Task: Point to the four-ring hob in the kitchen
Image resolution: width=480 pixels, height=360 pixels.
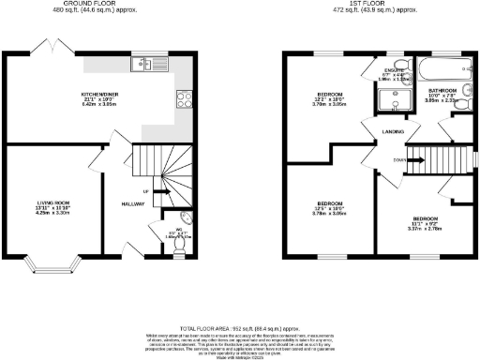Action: tap(180, 97)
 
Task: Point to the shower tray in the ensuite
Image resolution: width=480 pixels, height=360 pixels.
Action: tap(391, 100)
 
